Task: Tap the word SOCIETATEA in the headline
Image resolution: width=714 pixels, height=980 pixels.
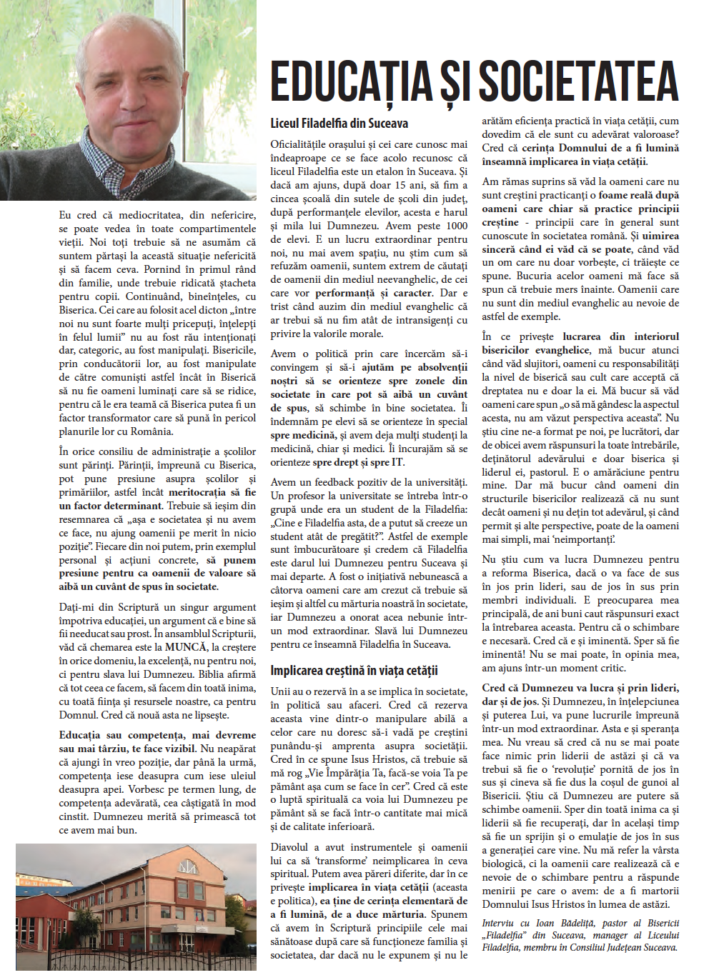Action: point(578,81)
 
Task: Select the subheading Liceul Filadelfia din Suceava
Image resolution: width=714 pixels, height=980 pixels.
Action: point(339,124)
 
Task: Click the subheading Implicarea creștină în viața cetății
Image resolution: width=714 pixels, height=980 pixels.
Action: point(354,671)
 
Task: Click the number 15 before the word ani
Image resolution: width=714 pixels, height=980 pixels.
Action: point(400,185)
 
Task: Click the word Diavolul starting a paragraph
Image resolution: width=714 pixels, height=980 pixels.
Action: point(289,847)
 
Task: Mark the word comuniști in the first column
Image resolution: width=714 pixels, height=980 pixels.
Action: point(121,377)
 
